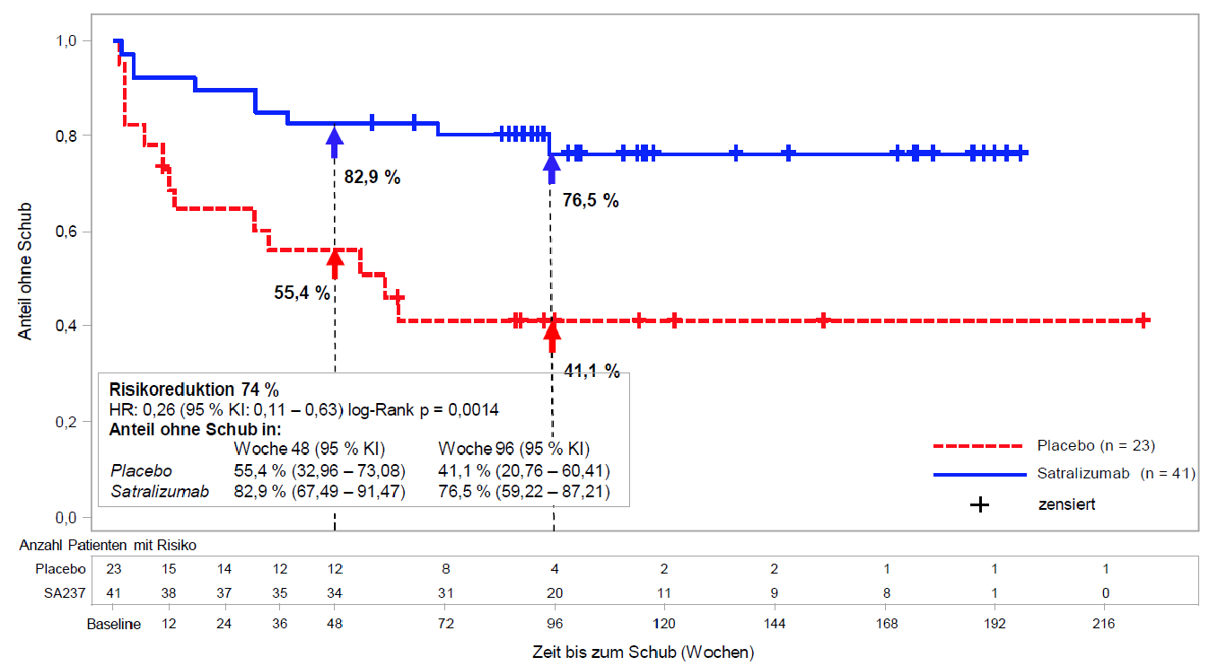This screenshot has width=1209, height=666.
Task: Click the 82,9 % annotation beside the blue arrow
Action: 372,177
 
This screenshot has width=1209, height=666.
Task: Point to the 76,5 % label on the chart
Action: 591,201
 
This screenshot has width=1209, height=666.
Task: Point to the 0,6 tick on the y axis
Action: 68,232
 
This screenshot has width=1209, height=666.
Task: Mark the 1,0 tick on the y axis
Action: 68,41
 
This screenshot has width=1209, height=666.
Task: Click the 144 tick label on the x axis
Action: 775,624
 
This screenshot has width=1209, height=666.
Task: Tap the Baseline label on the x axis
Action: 114,624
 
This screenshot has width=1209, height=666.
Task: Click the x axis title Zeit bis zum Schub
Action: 643,653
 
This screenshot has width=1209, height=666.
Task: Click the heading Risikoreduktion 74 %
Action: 194,390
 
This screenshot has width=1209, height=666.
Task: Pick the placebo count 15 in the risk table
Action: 168,568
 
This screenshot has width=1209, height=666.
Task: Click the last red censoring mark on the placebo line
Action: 1143,320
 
